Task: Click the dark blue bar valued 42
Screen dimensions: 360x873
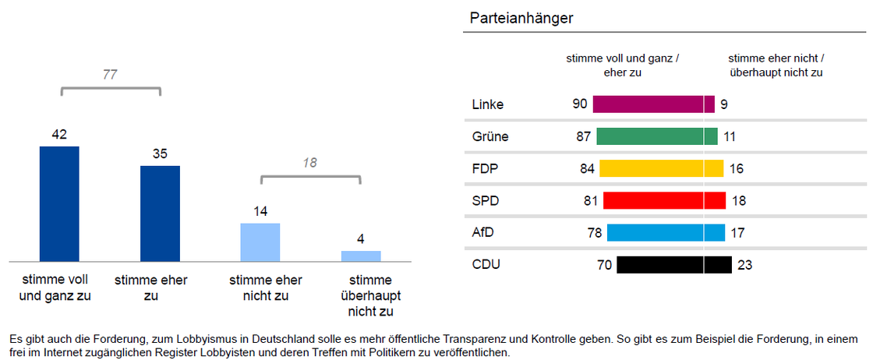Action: click(x=59, y=203)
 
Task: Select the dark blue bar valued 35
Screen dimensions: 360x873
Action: click(x=160, y=213)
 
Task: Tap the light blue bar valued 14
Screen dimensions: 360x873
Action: click(x=260, y=242)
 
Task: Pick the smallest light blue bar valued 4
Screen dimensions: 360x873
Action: click(x=361, y=256)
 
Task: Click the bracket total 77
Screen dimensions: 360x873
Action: click(x=110, y=75)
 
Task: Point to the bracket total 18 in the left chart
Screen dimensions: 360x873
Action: click(x=309, y=163)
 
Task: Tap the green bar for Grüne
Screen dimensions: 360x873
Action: click(x=656, y=136)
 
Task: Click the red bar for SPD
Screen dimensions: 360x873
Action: click(x=664, y=200)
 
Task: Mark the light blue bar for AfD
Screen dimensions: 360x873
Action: click(x=666, y=232)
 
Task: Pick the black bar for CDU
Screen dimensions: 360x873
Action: click(x=673, y=265)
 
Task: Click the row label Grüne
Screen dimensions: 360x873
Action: click(x=490, y=136)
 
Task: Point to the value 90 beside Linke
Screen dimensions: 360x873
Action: click(x=579, y=104)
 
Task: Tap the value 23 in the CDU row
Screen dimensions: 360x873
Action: click(x=744, y=265)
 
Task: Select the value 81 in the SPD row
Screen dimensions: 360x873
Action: click(x=590, y=200)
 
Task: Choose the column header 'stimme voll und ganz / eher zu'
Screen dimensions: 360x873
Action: click(x=622, y=65)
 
